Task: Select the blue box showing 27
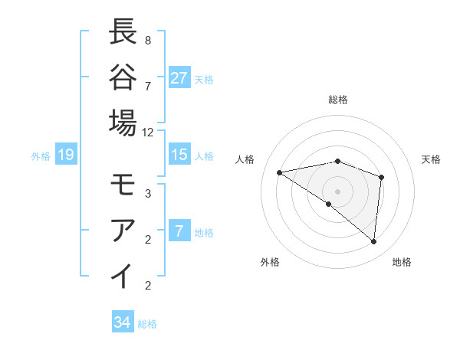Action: (x=179, y=77)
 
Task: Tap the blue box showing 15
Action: (x=179, y=155)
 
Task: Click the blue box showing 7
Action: (x=179, y=231)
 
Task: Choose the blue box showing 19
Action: (x=66, y=155)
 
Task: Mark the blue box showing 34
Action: (x=123, y=322)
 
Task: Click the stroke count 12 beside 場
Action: (x=148, y=132)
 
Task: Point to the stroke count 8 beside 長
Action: (x=148, y=39)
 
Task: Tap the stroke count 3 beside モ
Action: (x=148, y=194)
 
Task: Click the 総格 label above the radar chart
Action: (x=338, y=100)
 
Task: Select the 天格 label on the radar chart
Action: (x=431, y=159)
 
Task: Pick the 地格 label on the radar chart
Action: (x=402, y=262)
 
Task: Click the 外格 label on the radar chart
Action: (x=270, y=262)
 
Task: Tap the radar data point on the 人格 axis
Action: (x=280, y=172)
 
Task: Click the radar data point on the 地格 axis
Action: (x=374, y=242)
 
